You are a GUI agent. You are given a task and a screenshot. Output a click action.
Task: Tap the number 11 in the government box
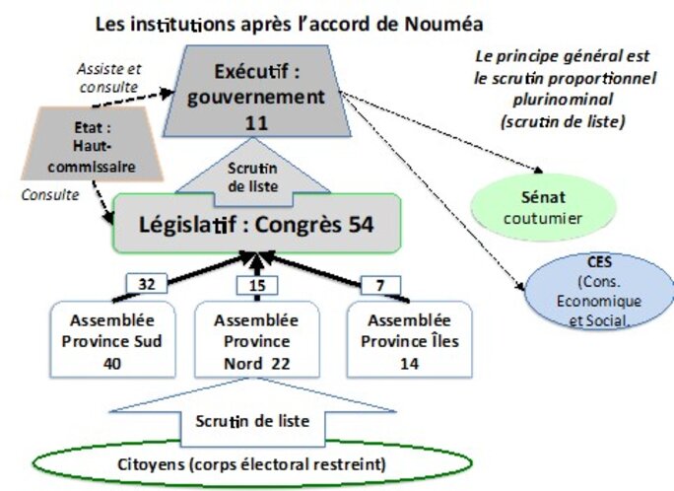(255, 123)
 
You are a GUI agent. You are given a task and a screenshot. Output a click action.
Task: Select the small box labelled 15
(255, 286)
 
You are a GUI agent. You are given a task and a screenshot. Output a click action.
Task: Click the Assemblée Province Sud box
(107, 341)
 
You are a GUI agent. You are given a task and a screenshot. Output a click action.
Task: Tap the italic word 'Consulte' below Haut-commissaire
(49, 195)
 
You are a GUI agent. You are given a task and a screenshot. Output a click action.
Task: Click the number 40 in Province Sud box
(107, 363)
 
